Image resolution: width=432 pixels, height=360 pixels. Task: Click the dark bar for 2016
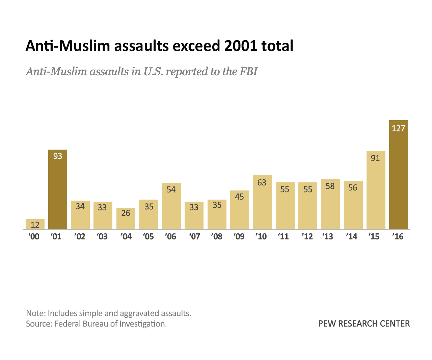(398, 179)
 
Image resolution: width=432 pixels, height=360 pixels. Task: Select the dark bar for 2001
(58, 192)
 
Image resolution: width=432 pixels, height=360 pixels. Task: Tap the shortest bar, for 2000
(35, 224)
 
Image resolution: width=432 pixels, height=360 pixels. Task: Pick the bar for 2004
(126, 220)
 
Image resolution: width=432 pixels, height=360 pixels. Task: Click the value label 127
(398, 128)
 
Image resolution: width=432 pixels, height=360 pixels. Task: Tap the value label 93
(58, 156)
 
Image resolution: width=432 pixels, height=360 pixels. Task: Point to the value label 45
(239, 197)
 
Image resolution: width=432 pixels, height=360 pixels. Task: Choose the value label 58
(330, 186)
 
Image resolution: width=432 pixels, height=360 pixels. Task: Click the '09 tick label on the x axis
(239, 236)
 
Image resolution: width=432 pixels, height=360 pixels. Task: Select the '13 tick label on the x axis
(328, 236)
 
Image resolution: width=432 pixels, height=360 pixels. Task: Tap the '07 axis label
(194, 236)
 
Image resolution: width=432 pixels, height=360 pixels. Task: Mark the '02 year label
(80, 236)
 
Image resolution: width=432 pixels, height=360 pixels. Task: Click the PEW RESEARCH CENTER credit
(364, 324)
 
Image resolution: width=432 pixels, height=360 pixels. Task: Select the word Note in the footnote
(35, 313)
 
